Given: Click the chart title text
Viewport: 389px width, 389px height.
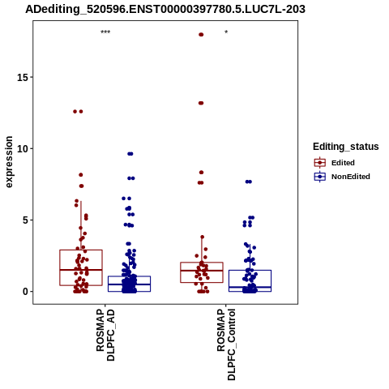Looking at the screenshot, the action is [165, 9].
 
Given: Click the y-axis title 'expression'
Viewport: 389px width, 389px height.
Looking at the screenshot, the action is [9, 162].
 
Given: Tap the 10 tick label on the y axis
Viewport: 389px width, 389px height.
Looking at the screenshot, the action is [23, 149].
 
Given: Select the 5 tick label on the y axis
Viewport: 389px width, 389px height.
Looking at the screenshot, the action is [25, 220].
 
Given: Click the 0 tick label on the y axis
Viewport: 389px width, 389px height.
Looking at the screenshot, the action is [25, 292].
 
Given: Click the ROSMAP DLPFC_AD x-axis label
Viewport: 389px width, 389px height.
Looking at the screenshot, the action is [105, 336].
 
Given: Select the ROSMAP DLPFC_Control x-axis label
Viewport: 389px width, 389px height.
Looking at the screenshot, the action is [226, 344].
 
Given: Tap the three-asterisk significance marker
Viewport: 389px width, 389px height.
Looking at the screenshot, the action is [105, 32].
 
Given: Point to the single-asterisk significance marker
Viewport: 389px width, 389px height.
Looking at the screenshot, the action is [226, 32].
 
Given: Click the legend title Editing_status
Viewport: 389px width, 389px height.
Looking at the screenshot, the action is [346, 147].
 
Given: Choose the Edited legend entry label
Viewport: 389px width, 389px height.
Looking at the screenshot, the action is [343, 163].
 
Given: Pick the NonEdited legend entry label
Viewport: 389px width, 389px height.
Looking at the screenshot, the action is [351, 177].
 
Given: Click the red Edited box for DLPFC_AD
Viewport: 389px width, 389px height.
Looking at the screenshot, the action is [81, 250].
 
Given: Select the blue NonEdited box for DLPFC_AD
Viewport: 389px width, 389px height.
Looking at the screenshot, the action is [129, 276].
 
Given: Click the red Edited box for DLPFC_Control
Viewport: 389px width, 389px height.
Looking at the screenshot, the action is [202, 263].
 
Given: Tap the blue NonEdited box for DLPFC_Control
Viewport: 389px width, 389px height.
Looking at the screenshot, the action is [250, 270].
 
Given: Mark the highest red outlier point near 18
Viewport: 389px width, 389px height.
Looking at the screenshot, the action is [201, 35].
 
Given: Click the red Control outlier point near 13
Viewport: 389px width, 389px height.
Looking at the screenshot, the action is [201, 103].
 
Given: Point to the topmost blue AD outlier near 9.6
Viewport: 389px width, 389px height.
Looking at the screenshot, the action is [130, 154].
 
